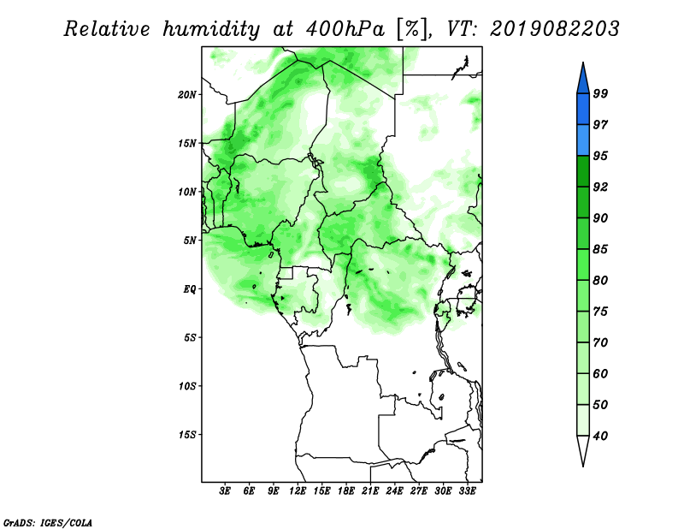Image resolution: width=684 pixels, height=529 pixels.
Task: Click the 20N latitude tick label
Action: pyautogui.click(x=187, y=95)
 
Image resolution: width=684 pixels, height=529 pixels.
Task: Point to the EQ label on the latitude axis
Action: pyautogui.click(x=189, y=289)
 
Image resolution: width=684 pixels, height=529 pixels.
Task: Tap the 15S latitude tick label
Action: pyautogui.click(x=187, y=435)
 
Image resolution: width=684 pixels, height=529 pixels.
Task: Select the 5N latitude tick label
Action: pyautogui.click(x=190, y=241)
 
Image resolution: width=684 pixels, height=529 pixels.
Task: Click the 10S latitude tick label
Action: pyautogui.click(x=187, y=386)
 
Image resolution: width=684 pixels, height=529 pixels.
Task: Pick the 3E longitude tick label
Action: pyautogui.click(x=225, y=491)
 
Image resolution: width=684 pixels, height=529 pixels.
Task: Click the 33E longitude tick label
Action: pyautogui.click(x=467, y=491)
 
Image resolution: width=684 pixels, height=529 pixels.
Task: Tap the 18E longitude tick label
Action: pyautogui.click(x=346, y=491)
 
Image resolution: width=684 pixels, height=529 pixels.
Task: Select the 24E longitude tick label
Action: pyautogui.click(x=394, y=491)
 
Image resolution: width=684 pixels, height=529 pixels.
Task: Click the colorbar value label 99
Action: pyautogui.click(x=600, y=93)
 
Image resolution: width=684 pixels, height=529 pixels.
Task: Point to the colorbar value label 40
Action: pyautogui.click(x=600, y=436)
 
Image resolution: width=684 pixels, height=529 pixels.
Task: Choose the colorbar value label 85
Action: pyautogui.click(x=600, y=249)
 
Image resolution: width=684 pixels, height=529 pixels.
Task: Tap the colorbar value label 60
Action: pyautogui.click(x=600, y=374)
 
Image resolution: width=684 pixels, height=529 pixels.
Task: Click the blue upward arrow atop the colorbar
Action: pyautogui.click(x=583, y=80)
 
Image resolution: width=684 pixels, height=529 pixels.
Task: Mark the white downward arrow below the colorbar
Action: pyautogui.click(x=583, y=449)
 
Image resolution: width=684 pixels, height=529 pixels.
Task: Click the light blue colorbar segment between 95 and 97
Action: pyautogui.click(x=583, y=140)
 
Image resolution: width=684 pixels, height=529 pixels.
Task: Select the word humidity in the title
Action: pyautogui.click(x=211, y=30)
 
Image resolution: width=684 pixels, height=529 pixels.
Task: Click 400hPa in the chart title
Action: pyautogui.click(x=345, y=29)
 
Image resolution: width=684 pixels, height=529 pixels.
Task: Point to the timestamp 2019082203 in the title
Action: pyautogui.click(x=554, y=29)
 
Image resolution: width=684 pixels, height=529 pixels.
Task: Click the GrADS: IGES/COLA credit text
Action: pyautogui.click(x=48, y=522)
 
